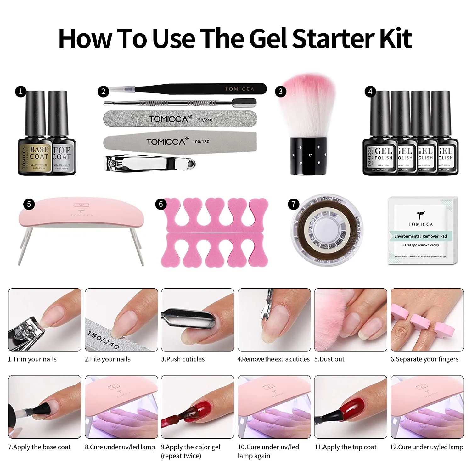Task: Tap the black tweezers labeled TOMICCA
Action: pyautogui.click(x=201, y=89)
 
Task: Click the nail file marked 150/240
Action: pyautogui.click(x=180, y=119)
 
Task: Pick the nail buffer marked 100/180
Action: pyautogui.click(x=180, y=142)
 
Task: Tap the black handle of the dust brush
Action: pyautogui.click(x=307, y=156)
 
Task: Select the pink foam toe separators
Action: pyautogui.click(x=215, y=233)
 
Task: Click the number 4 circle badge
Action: pyautogui.click(x=370, y=92)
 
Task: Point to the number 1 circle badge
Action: pyautogui.click(x=21, y=92)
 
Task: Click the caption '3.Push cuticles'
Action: pyautogui.click(x=183, y=359)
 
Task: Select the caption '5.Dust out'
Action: pyautogui.click(x=329, y=359)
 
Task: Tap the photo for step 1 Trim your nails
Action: pyautogui.click(x=45, y=320)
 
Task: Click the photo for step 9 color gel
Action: pyautogui.click(x=198, y=407)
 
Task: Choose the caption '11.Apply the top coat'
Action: pyautogui.click(x=346, y=447)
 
